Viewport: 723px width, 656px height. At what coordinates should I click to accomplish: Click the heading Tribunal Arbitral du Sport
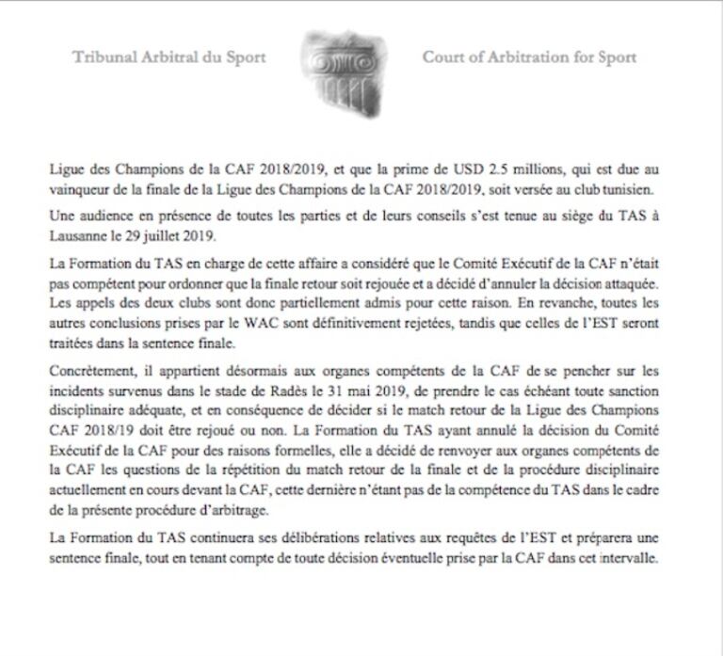point(169,57)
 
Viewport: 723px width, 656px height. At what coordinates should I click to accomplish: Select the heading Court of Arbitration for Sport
point(529,57)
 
